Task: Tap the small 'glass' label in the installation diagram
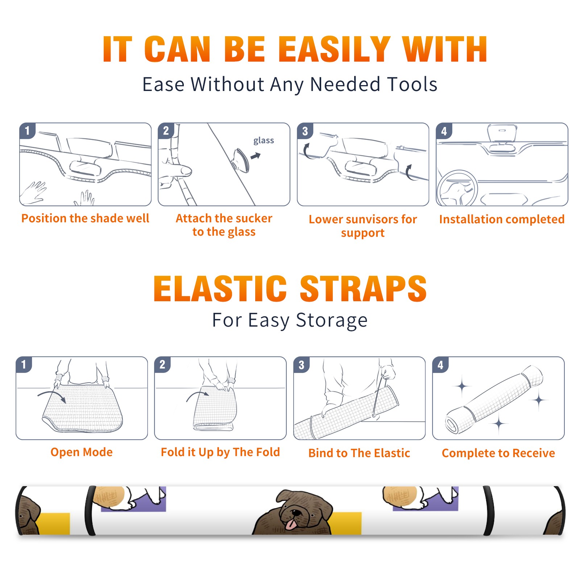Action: pyautogui.click(x=264, y=141)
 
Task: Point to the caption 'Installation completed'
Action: pyautogui.click(x=502, y=219)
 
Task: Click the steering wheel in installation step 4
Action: pyautogui.click(x=457, y=188)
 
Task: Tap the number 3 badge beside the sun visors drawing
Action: pyautogui.click(x=305, y=131)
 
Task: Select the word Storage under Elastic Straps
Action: pyautogui.click(x=332, y=320)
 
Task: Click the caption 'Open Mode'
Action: pyautogui.click(x=82, y=452)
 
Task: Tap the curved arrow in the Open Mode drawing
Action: pyautogui.click(x=52, y=395)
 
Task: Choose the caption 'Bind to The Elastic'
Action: pyautogui.click(x=359, y=453)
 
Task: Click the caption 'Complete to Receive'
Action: pyautogui.click(x=498, y=453)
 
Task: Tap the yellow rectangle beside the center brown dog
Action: pyautogui.click(x=347, y=523)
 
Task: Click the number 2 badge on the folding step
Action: pyautogui.click(x=162, y=364)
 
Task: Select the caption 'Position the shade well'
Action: pyautogui.click(x=85, y=218)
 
